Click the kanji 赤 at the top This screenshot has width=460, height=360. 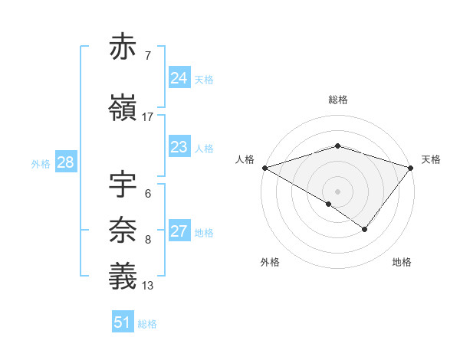tap(123, 47)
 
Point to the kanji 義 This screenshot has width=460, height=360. tap(123, 277)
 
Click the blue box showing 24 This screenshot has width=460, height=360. tap(179, 78)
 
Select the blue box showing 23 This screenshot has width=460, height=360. tap(179, 147)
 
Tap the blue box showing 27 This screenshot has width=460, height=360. tap(179, 231)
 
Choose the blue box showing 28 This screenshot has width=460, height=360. tap(65, 162)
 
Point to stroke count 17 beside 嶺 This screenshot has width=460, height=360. tap(148, 116)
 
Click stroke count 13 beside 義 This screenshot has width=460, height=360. tap(148, 286)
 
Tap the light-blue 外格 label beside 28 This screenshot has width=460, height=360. tap(41, 163)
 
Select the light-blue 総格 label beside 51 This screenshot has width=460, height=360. tap(147, 324)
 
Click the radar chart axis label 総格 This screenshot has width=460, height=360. tap(337, 100)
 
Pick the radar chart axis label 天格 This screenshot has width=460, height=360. tap(431, 159)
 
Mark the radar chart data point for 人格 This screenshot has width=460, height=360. tap(264, 168)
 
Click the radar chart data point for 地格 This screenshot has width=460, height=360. tap(365, 228)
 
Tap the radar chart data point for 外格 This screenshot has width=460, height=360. tap(329, 204)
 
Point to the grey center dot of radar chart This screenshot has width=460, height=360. tap(337, 191)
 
